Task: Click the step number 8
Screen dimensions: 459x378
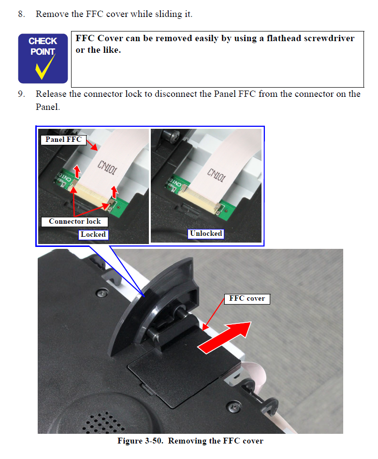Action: coord(21,14)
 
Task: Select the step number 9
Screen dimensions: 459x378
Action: coord(21,94)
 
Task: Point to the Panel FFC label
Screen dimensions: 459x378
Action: coord(63,139)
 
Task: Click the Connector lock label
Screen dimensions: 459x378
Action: coord(74,221)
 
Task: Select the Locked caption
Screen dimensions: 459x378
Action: coord(93,234)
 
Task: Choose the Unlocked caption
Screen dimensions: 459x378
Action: coord(206,233)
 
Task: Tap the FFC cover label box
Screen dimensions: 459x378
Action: coord(247,298)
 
